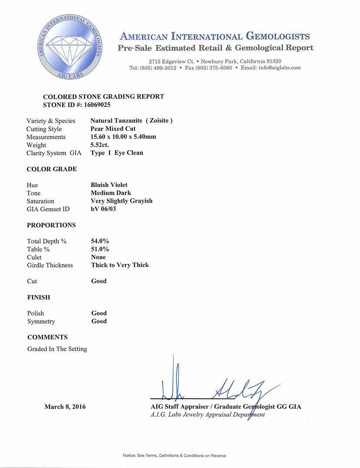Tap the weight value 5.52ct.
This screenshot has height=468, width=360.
tap(100, 145)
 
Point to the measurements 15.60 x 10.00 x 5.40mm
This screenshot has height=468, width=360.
tap(123, 137)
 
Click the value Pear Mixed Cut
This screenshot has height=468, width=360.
tap(113, 129)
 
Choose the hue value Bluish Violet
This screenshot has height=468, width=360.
tap(109, 185)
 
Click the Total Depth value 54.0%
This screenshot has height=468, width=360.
tap(100, 241)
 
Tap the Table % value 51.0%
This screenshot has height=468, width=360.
tap(100, 249)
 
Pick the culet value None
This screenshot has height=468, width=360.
tap(98, 257)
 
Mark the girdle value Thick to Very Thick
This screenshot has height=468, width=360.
tap(120, 265)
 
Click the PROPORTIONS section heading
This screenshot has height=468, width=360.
tap(51, 225)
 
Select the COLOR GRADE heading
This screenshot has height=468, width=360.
tap(52, 169)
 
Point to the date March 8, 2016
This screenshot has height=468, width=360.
tap(65, 407)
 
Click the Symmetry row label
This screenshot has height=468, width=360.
tap(41, 322)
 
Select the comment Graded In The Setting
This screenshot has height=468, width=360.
tap(57, 349)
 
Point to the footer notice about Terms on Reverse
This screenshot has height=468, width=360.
tap(174, 455)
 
